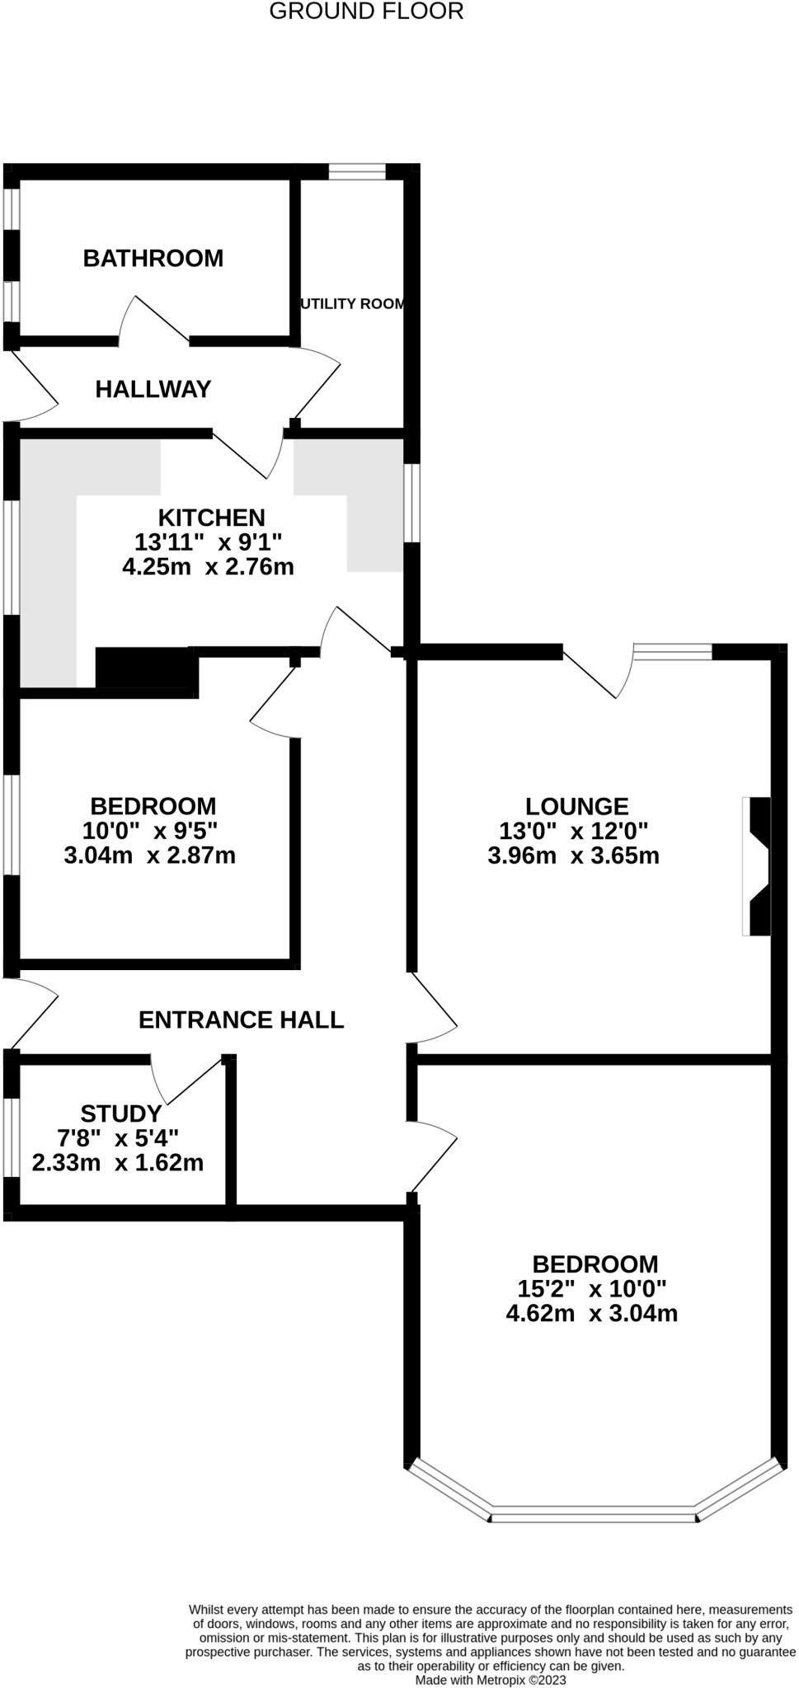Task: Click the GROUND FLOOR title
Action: pos(366,12)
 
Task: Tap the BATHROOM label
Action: pos(153,258)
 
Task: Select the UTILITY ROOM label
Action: pos(353,303)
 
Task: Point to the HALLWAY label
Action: pos(153,389)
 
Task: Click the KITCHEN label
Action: pos(212,518)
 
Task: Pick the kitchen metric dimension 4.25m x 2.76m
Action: pos(208,567)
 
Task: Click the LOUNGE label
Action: pos(577,806)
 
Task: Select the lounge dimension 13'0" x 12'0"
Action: pos(574,831)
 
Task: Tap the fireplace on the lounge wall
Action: pos(757,865)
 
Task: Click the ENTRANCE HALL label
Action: pos(241,1020)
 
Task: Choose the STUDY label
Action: pos(121,1114)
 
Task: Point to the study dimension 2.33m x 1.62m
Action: pos(118,1163)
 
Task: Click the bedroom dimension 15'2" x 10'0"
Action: pos(592,1288)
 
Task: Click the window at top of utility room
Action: pos(357,171)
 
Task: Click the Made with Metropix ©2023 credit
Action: pos(491,1679)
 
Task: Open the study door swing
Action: pos(186,1080)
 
